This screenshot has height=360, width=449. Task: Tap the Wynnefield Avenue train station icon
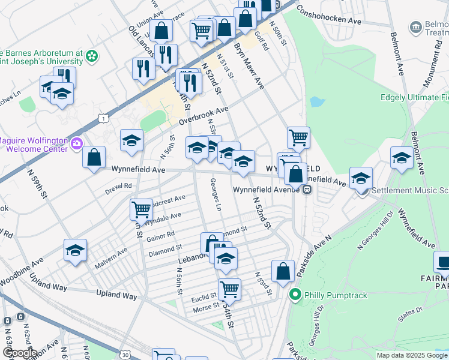(x=307, y=190)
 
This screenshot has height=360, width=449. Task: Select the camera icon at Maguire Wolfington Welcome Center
(x=76, y=143)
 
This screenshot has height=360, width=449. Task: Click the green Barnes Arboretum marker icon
(x=92, y=56)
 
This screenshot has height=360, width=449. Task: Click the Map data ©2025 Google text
(x=412, y=355)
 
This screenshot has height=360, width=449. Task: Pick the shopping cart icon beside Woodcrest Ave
(x=141, y=209)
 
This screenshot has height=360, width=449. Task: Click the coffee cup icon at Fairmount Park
(x=442, y=262)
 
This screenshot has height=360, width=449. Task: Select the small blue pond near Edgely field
(x=316, y=101)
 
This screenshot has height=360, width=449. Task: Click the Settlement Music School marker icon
(x=361, y=191)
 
